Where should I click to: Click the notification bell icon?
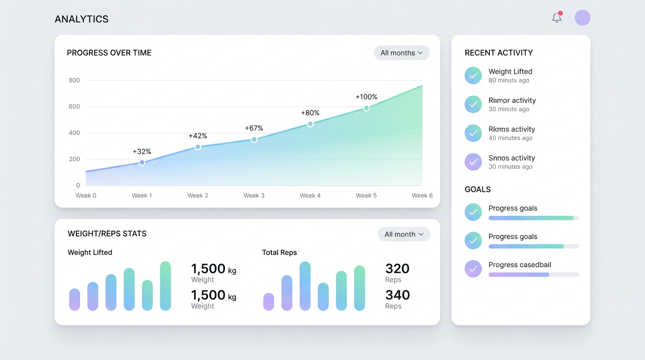[x=556, y=18]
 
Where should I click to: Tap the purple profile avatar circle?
[x=582, y=18]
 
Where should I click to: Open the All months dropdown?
[x=402, y=53]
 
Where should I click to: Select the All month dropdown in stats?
[x=404, y=234]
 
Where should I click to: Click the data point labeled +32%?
[x=142, y=163]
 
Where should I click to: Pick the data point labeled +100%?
[x=367, y=108]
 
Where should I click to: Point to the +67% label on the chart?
[x=254, y=128]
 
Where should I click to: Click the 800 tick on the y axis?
[x=74, y=80]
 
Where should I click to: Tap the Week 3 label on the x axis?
[x=254, y=195]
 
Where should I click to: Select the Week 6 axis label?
[x=422, y=195]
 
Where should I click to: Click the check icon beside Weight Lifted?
[x=473, y=75]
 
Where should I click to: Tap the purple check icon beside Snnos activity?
[x=473, y=162]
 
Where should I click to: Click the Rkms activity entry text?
[x=511, y=129]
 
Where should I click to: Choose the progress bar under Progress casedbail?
[x=533, y=275]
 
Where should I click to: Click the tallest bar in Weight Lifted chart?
[x=165, y=286]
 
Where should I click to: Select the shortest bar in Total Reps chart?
[x=269, y=301]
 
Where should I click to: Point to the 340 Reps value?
[x=397, y=295]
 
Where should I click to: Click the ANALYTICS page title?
[x=82, y=19]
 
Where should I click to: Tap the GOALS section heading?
[x=478, y=189]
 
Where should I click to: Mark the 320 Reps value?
[x=397, y=269]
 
